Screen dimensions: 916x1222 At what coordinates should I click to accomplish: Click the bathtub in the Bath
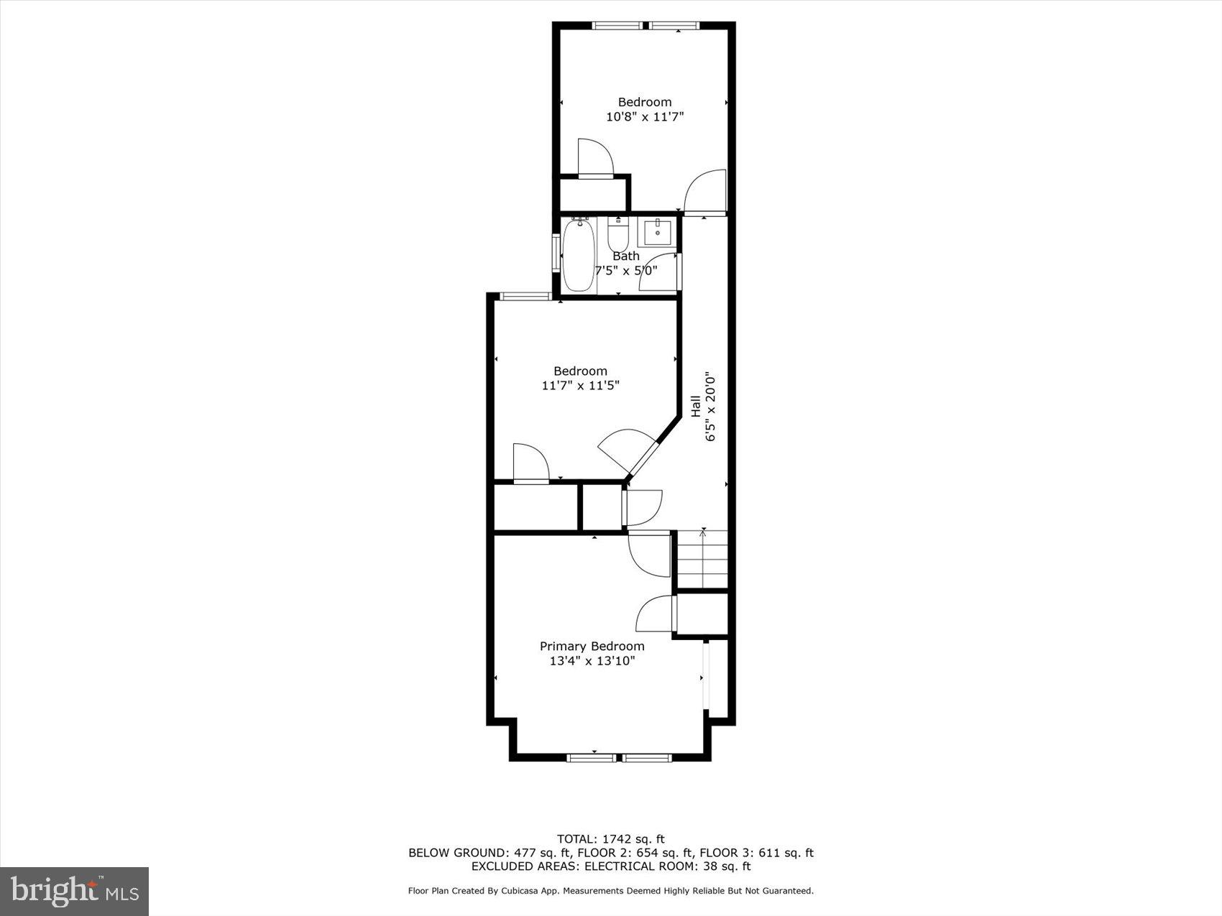pos(579,254)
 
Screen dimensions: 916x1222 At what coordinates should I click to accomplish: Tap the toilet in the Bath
pos(618,233)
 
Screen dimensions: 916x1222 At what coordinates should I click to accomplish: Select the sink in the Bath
pos(657,231)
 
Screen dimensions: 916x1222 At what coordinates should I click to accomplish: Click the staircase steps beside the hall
pos(703,560)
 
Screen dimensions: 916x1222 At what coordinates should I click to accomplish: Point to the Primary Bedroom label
pos(592,646)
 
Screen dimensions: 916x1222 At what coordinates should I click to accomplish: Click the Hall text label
pos(696,407)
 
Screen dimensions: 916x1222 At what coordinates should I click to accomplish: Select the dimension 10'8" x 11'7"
pos(644,116)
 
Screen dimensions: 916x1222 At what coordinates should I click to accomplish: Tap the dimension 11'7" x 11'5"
pos(580,386)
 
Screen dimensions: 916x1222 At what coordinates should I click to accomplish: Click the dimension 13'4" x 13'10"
pos(592,661)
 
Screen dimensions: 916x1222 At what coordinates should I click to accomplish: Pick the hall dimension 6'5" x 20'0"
pos(711,407)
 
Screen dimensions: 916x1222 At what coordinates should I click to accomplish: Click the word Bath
pos(625,256)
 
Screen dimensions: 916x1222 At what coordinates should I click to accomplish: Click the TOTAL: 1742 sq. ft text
pos(610,838)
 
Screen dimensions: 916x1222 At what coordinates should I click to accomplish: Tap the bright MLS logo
pos(75,892)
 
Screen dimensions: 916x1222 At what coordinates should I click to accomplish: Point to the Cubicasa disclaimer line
pos(610,891)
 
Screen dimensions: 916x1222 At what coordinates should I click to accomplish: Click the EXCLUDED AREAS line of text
pos(610,866)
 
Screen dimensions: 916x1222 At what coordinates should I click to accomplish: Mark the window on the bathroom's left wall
pos(556,252)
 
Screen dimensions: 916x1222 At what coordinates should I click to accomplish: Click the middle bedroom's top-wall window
pos(525,296)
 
